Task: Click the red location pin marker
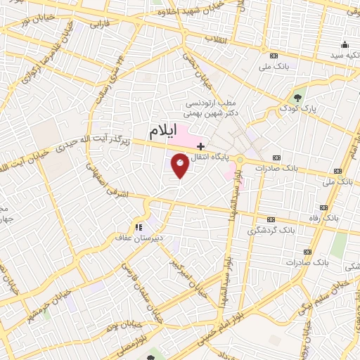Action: [180, 166]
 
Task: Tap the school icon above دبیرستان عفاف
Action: [139, 226]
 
